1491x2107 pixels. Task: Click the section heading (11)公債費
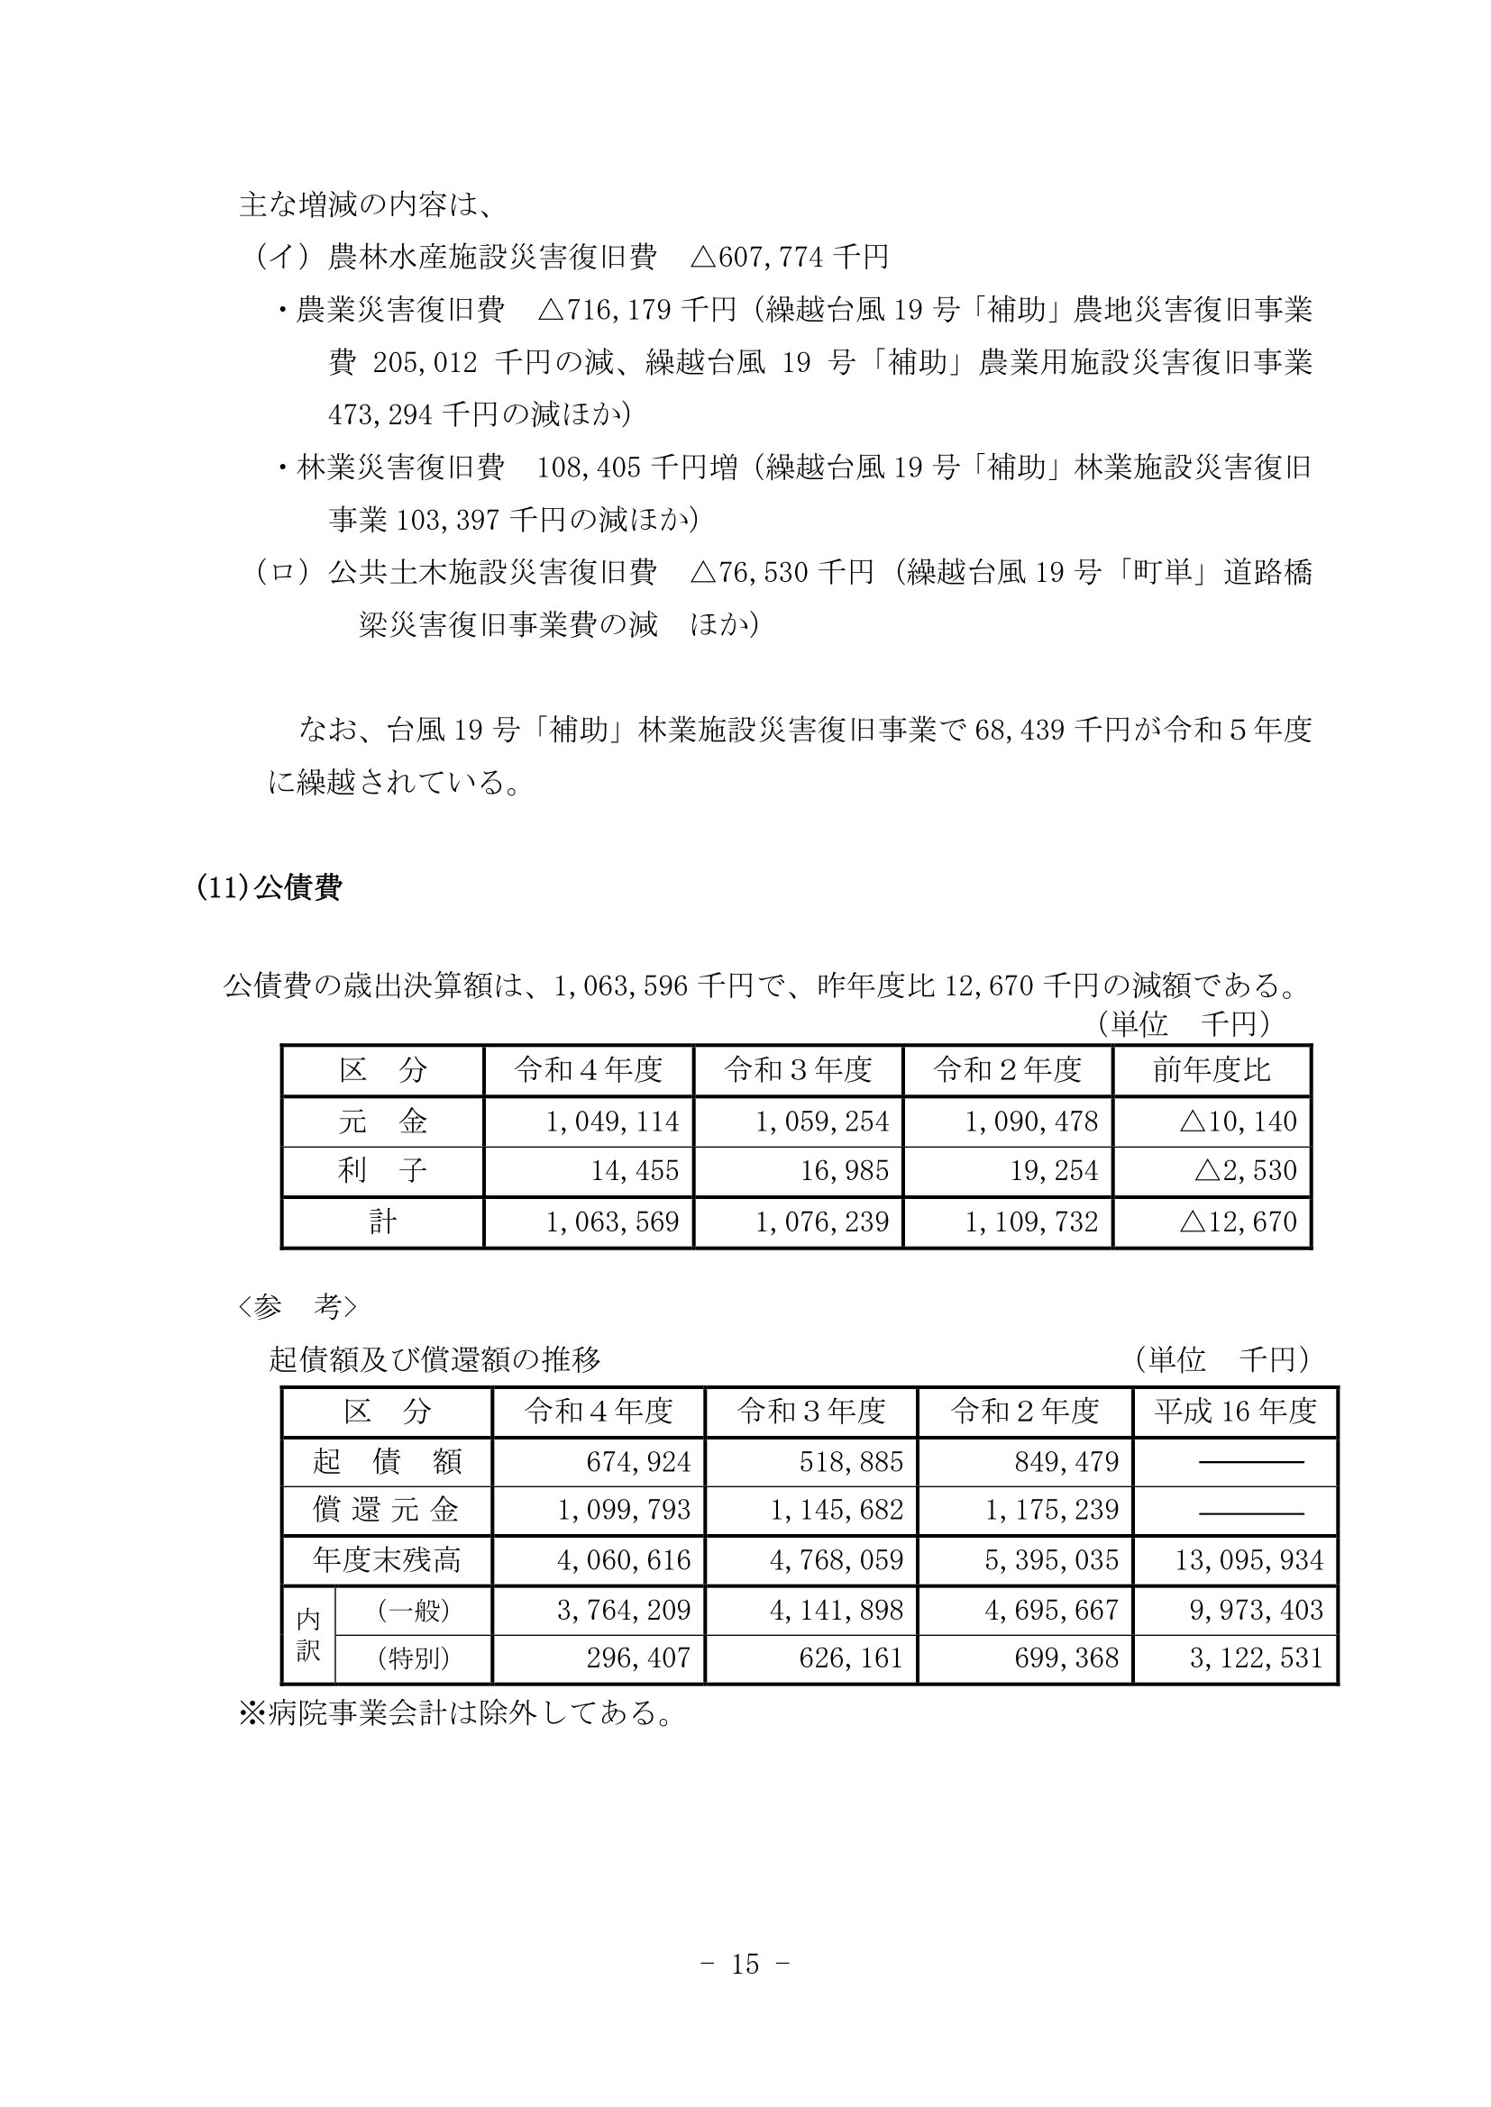(269, 888)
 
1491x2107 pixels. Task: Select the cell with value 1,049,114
(612, 1122)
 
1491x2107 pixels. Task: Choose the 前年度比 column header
(1212, 1070)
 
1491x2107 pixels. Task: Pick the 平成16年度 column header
(1235, 1412)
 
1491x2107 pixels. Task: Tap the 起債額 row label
(387, 1461)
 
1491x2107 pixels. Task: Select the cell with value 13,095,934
(1249, 1560)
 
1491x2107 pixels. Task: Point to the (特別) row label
(413, 1658)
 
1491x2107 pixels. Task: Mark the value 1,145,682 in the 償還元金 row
(837, 1511)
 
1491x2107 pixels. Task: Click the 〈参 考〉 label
(296, 1308)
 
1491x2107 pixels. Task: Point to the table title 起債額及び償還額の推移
(434, 1360)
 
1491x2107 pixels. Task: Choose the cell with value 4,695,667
(1051, 1610)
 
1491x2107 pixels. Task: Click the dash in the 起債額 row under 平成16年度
(1251, 1461)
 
